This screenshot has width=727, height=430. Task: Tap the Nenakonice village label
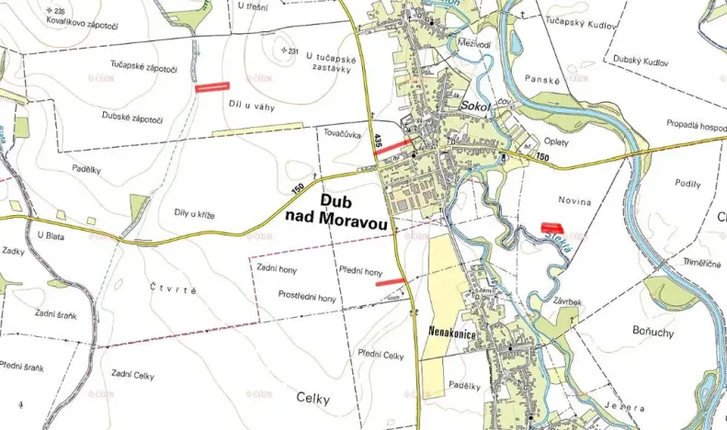coord(452,334)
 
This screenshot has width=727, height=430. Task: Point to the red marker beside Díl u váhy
coord(212,87)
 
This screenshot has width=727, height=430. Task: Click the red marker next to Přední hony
coord(391,281)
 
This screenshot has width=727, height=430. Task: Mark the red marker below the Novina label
coord(551,225)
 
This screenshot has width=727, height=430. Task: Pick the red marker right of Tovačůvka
coord(393,146)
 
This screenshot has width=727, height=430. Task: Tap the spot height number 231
coord(293,51)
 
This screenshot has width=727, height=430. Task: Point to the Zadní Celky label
coord(131,374)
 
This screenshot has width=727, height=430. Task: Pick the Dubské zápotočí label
coord(132,119)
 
